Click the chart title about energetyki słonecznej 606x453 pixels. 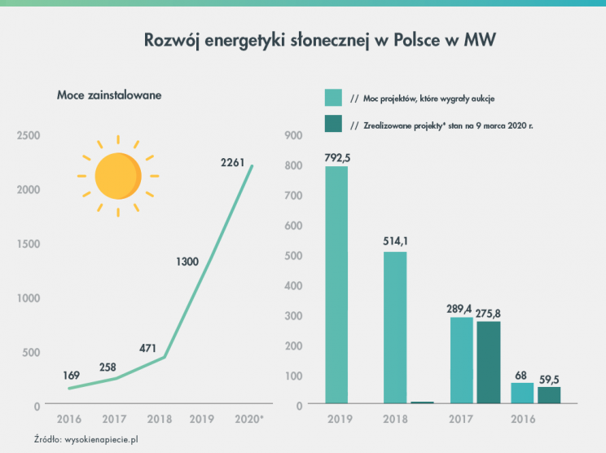coord(320,40)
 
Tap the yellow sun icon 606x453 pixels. coord(118,175)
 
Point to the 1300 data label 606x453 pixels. coord(188,262)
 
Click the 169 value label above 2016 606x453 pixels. coord(72,376)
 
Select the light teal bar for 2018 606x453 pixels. coord(395,326)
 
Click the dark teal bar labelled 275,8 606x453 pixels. coord(488,362)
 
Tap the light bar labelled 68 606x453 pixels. coord(522,392)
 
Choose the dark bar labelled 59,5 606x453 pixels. coord(549,394)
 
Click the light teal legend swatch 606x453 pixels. coord(333,98)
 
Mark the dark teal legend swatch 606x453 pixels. coord(333,125)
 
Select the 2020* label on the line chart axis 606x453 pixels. coord(248,420)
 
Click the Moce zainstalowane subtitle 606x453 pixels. coord(109,95)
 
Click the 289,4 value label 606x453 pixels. coord(461,310)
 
